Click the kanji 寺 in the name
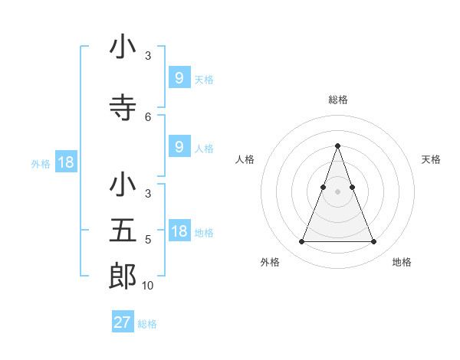123,108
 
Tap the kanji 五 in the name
123,229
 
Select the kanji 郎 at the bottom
123,275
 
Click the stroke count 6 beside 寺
148,116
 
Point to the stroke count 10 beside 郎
148,286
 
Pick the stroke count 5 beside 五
148,239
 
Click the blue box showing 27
123,322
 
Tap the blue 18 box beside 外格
65,163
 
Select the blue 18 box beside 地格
179,232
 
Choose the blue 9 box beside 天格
179,78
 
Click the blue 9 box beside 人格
179,147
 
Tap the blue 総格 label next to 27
147,324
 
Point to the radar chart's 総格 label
338,100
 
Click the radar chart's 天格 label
432,159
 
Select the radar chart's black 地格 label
402,262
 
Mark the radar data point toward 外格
301,242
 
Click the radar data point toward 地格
374,242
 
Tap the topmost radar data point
337,146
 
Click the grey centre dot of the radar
337,191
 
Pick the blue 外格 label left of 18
41,164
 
